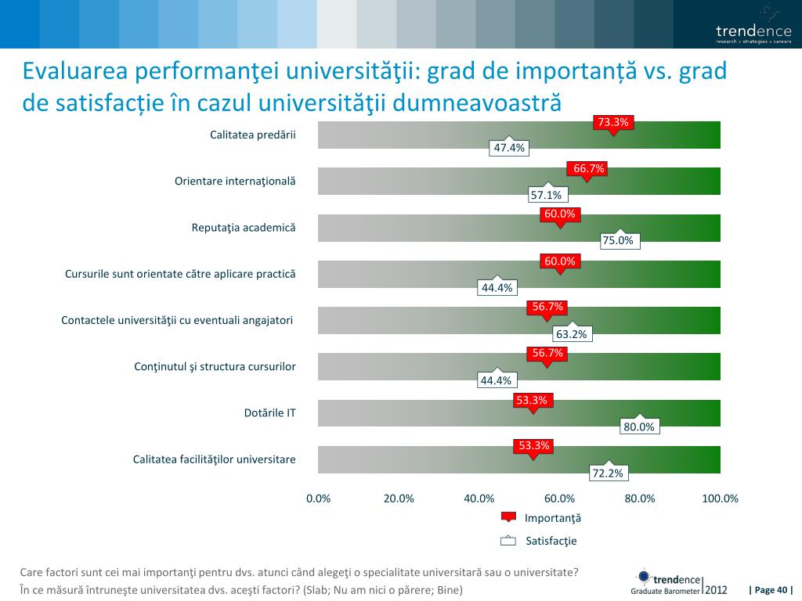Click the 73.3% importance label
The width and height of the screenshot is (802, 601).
point(612,122)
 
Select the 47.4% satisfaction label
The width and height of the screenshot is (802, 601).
point(508,148)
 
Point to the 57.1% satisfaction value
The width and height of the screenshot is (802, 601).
point(546,195)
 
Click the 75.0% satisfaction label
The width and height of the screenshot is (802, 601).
point(617,240)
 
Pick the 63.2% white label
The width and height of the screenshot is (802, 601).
point(571,334)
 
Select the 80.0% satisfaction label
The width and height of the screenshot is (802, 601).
point(638,426)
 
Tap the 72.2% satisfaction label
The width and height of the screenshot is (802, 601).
point(606,473)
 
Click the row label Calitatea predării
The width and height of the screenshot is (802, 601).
point(253,135)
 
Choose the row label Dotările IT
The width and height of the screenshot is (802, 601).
point(270,412)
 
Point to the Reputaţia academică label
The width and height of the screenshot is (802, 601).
point(244,228)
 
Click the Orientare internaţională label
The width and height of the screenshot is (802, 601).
point(235,182)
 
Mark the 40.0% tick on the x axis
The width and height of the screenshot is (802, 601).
point(479,498)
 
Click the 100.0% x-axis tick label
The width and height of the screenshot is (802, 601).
point(720,498)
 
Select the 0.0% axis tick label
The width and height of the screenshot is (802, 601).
point(318,498)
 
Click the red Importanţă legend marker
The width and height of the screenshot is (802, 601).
point(508,517)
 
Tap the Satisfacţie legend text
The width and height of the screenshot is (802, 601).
point(551,541)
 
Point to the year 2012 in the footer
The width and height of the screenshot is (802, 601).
point(716,589)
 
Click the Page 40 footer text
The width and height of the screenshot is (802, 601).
point(771,590)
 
